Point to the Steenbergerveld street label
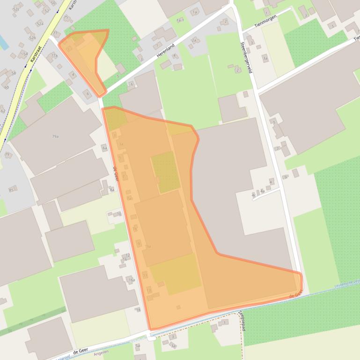(x=246, y=57)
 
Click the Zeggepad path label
(x=242, y=318)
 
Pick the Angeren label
(x=101, y=352)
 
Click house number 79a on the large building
(x=55, y=137)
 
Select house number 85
(x=11, y=190)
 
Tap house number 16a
(x=132, y=280)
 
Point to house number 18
(x=138, y=310)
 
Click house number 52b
(x=32, y=37)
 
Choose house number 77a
(x=54, y=55)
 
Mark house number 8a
(x=112, y=190)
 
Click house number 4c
(x=253, y=194)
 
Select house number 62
(x=3, y=111)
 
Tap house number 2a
(x=193, y=40)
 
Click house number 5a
(x=138, y=346)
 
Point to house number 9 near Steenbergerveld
(x=285, y=177)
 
